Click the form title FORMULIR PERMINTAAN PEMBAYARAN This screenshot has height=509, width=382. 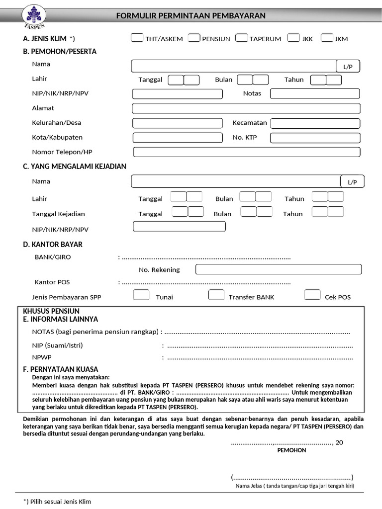(x=191, y=16)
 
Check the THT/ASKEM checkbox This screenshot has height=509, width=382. (x=137, y=38)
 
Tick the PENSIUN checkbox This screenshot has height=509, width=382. (x=194, y=38)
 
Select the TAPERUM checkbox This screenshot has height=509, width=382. (x=242, y=38)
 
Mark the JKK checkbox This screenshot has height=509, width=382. (x=293, y=38)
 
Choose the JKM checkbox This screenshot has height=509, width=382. (x=327, y=38)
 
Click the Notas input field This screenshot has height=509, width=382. (x=314, y=93)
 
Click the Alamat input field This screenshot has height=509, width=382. (x=246, y=108)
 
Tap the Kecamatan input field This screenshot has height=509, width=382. (x=315, y=123)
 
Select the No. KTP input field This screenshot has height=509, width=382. (x=314, y=138)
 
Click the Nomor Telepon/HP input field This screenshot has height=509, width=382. (x=246, y=152)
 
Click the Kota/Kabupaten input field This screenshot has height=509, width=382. (x=178, y=138)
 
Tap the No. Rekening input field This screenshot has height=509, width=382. (x=278, y=269)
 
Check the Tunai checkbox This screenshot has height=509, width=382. (x=141, y=295)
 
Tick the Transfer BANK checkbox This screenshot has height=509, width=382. (x=216, y=295)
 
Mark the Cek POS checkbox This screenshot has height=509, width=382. (x=312, y=295)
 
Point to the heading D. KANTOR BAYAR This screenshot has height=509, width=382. (x=53, y=245)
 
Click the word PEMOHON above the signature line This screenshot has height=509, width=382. (x=291, y=450)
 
